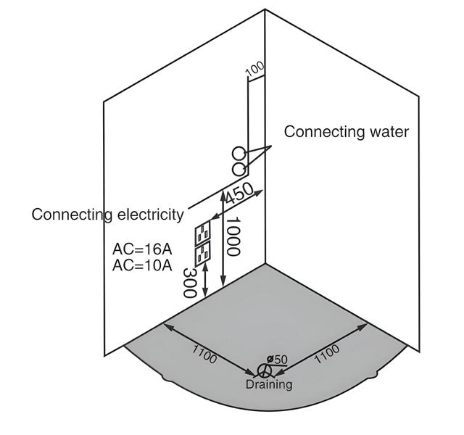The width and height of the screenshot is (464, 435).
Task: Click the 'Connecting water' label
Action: pyautogui.click(x=346, y=132)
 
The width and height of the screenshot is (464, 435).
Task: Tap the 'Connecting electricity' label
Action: pyautogui.click(x=107, y=215)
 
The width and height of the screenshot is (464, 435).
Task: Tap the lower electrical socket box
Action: pyautogui.click(x=202, y=254)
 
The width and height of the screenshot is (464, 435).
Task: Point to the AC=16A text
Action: pyautogui.click(x=142, y=249)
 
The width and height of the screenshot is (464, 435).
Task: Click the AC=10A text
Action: pyautogui.click(x=142, y=265)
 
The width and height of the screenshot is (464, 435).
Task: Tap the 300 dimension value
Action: pyautogui.click(x=190, y=283)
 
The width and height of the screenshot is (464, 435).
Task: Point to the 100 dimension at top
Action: pyautogui.click(x=255, y=70)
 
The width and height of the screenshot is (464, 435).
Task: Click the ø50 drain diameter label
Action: pyautogui.click(x=278, y=360)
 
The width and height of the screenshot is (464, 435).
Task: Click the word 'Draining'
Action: pyautogui.click(x=268, y=385)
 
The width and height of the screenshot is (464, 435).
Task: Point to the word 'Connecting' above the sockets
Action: pyautogui.click(x=70, y=215)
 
